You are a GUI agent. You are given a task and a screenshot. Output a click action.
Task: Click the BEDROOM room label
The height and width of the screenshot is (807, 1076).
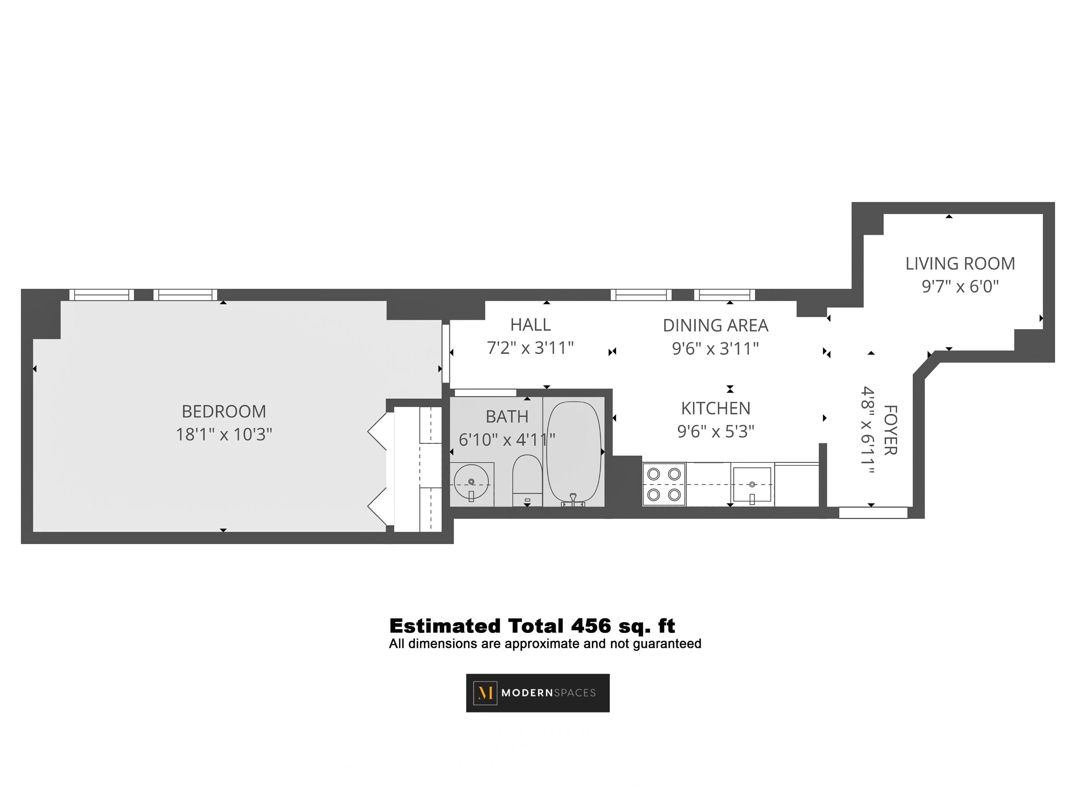(x=224, y=411)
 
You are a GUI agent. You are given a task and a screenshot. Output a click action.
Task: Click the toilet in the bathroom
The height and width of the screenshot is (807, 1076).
(x=527, y=479)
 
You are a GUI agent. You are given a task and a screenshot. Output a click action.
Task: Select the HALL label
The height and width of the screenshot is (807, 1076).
(x=530, y=324)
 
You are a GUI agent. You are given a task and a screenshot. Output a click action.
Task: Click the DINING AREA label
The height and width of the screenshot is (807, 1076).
(x=715, y=325)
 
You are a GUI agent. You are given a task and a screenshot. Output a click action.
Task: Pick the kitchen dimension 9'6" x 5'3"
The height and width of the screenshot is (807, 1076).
(x=715, y=432)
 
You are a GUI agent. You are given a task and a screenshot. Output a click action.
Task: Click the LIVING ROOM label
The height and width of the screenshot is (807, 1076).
(x=960, y=264)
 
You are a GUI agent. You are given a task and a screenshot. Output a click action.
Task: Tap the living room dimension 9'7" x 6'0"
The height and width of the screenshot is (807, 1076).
(x=960, y=287)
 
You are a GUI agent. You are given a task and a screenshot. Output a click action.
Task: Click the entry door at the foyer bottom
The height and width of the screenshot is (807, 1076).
(x=873, y=513)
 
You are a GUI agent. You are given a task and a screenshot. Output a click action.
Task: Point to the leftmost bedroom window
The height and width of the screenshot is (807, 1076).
(x=101, y=295)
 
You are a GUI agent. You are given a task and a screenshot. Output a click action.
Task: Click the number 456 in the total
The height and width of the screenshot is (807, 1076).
(x=591, y=626)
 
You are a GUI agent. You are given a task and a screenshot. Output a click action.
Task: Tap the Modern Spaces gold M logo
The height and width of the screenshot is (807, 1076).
(x=485, y=693)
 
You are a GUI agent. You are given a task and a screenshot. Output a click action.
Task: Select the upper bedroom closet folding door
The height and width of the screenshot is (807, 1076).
(x=377, y=431)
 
